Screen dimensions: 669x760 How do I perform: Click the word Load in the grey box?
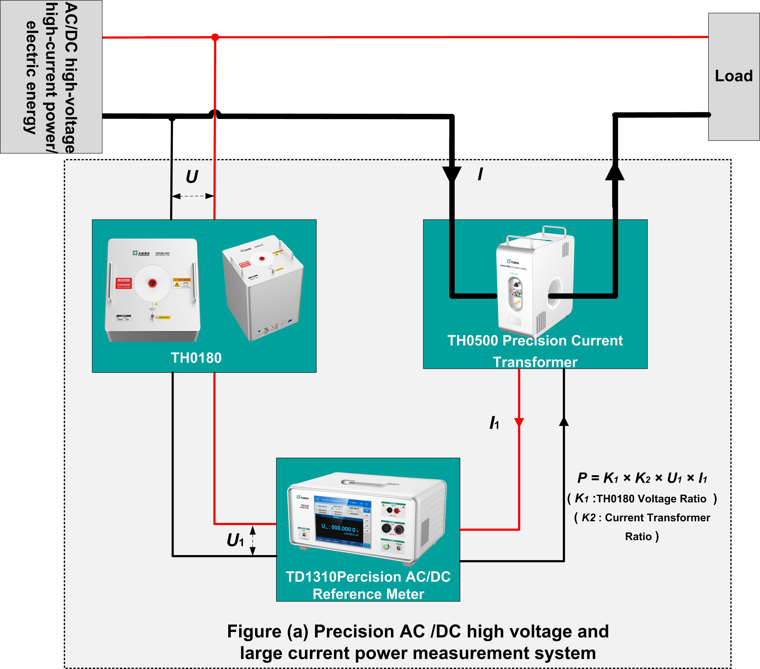[x=734, y=76]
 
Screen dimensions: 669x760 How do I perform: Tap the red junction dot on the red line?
[x=215, y=37]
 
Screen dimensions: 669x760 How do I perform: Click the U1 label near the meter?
[x=235, y=540]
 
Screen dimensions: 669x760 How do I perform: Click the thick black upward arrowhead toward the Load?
[x=615, y=172]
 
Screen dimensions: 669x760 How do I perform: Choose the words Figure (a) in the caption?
[x=268, y=631]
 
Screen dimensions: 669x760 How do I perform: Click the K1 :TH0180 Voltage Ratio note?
[x=642, y=499]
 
